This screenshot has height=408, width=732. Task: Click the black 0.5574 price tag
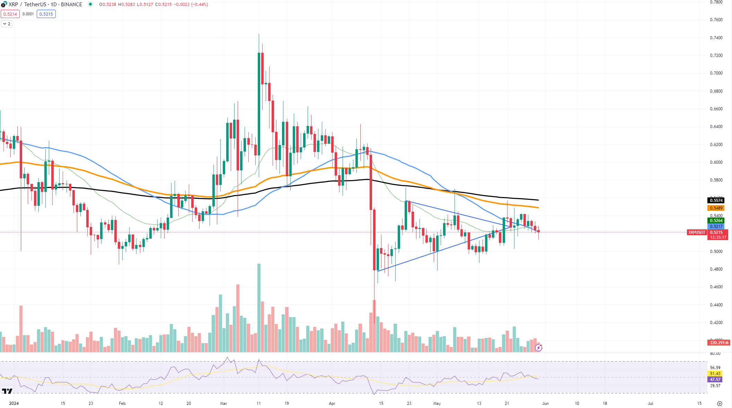716,200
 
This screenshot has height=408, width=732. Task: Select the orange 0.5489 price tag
716,208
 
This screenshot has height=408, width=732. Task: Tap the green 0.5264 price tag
716,220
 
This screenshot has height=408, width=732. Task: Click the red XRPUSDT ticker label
696,232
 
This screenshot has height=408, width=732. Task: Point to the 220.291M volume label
719,342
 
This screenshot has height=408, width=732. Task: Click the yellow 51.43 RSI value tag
715,373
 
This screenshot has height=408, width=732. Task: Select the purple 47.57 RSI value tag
715,380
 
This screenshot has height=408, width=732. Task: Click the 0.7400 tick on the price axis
716,37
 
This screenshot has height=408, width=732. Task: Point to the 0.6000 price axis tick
716,162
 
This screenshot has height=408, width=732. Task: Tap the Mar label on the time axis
223,403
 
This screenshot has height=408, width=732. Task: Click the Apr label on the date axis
332,403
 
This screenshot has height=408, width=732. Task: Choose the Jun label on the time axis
545,403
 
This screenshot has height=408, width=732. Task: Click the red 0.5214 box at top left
10,14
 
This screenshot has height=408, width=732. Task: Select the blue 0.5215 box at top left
46,14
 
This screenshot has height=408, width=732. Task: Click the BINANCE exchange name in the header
71,5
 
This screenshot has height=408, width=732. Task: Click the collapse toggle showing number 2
7,24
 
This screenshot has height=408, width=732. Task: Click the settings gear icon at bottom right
720,403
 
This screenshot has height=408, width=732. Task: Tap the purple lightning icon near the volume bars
538,347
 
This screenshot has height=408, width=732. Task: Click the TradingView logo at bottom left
7,391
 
